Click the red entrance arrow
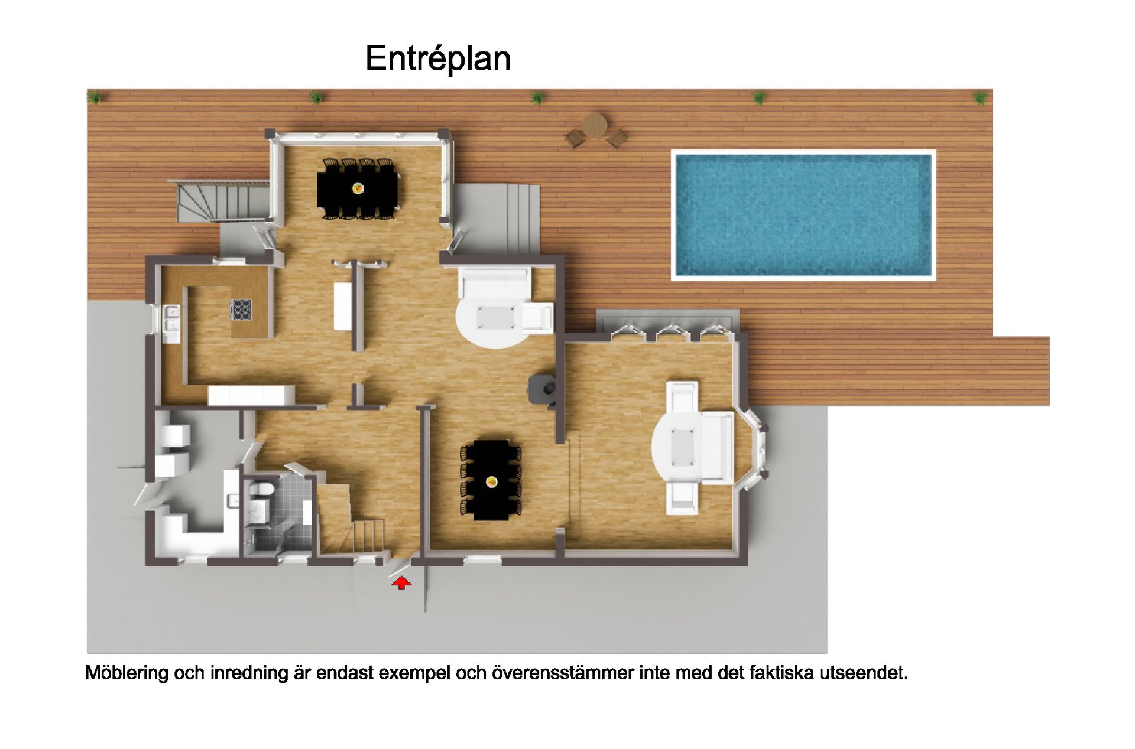(401, 583)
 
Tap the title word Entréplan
(438, 58)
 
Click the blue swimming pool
(803, 215)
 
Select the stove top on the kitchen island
(241, 310)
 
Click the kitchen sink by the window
(172, 317)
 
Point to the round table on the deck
(595, 125)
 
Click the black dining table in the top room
(358, 188)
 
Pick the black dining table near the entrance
(491, 481)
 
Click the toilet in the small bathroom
(261, 490)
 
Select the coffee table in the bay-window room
(683, 447)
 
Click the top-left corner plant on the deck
(95, 97)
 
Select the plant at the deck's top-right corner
(980, 97)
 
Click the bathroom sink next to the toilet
(257, 512)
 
